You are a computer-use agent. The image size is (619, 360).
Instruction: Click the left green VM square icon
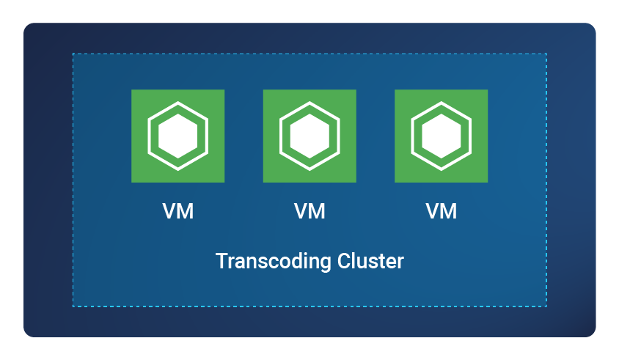point(177,136)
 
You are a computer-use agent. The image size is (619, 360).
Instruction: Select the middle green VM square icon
point(309,136)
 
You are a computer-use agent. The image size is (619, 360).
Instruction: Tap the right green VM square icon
point(441,136)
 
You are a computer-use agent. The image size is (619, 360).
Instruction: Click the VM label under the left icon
point(178,211)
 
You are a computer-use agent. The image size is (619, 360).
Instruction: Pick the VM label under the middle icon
point(309,211)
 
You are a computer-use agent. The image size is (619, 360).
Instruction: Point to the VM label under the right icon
point(442,211)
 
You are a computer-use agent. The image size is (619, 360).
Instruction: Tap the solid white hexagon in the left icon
point(177,136)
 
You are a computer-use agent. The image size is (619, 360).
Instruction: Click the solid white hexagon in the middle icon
point(309,136)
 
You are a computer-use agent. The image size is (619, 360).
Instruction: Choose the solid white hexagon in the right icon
point(441,136)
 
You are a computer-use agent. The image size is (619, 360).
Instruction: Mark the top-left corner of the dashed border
point(73,54)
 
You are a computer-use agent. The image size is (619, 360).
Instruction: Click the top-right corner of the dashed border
point(546,54)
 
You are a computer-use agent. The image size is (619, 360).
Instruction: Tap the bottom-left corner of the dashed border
point(73,306)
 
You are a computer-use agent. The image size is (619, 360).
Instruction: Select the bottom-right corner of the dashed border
point(546,306)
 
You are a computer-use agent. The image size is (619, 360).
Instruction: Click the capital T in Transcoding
point(221,261)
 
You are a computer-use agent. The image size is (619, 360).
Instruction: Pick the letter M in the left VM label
point(186,211)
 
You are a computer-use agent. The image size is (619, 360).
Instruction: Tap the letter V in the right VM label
point(433,211)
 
